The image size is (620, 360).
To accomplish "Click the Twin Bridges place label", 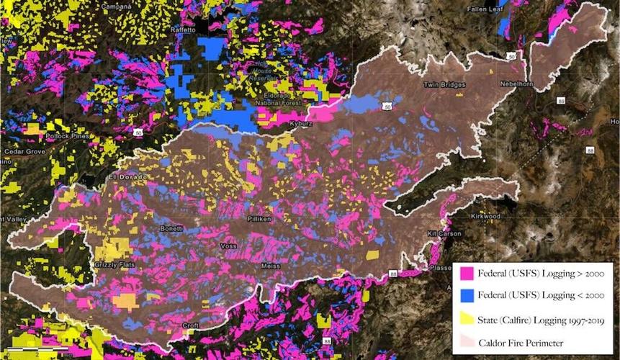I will (442, 84).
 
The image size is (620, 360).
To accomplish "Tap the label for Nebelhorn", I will (520, 84).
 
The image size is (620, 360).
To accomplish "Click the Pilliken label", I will (259, 217).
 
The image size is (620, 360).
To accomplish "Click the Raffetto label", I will (183, 30).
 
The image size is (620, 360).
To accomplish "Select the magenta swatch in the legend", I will (465, 273).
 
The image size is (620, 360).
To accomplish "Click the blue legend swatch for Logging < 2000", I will (465, 294).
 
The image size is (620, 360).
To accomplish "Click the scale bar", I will (35, 348).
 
